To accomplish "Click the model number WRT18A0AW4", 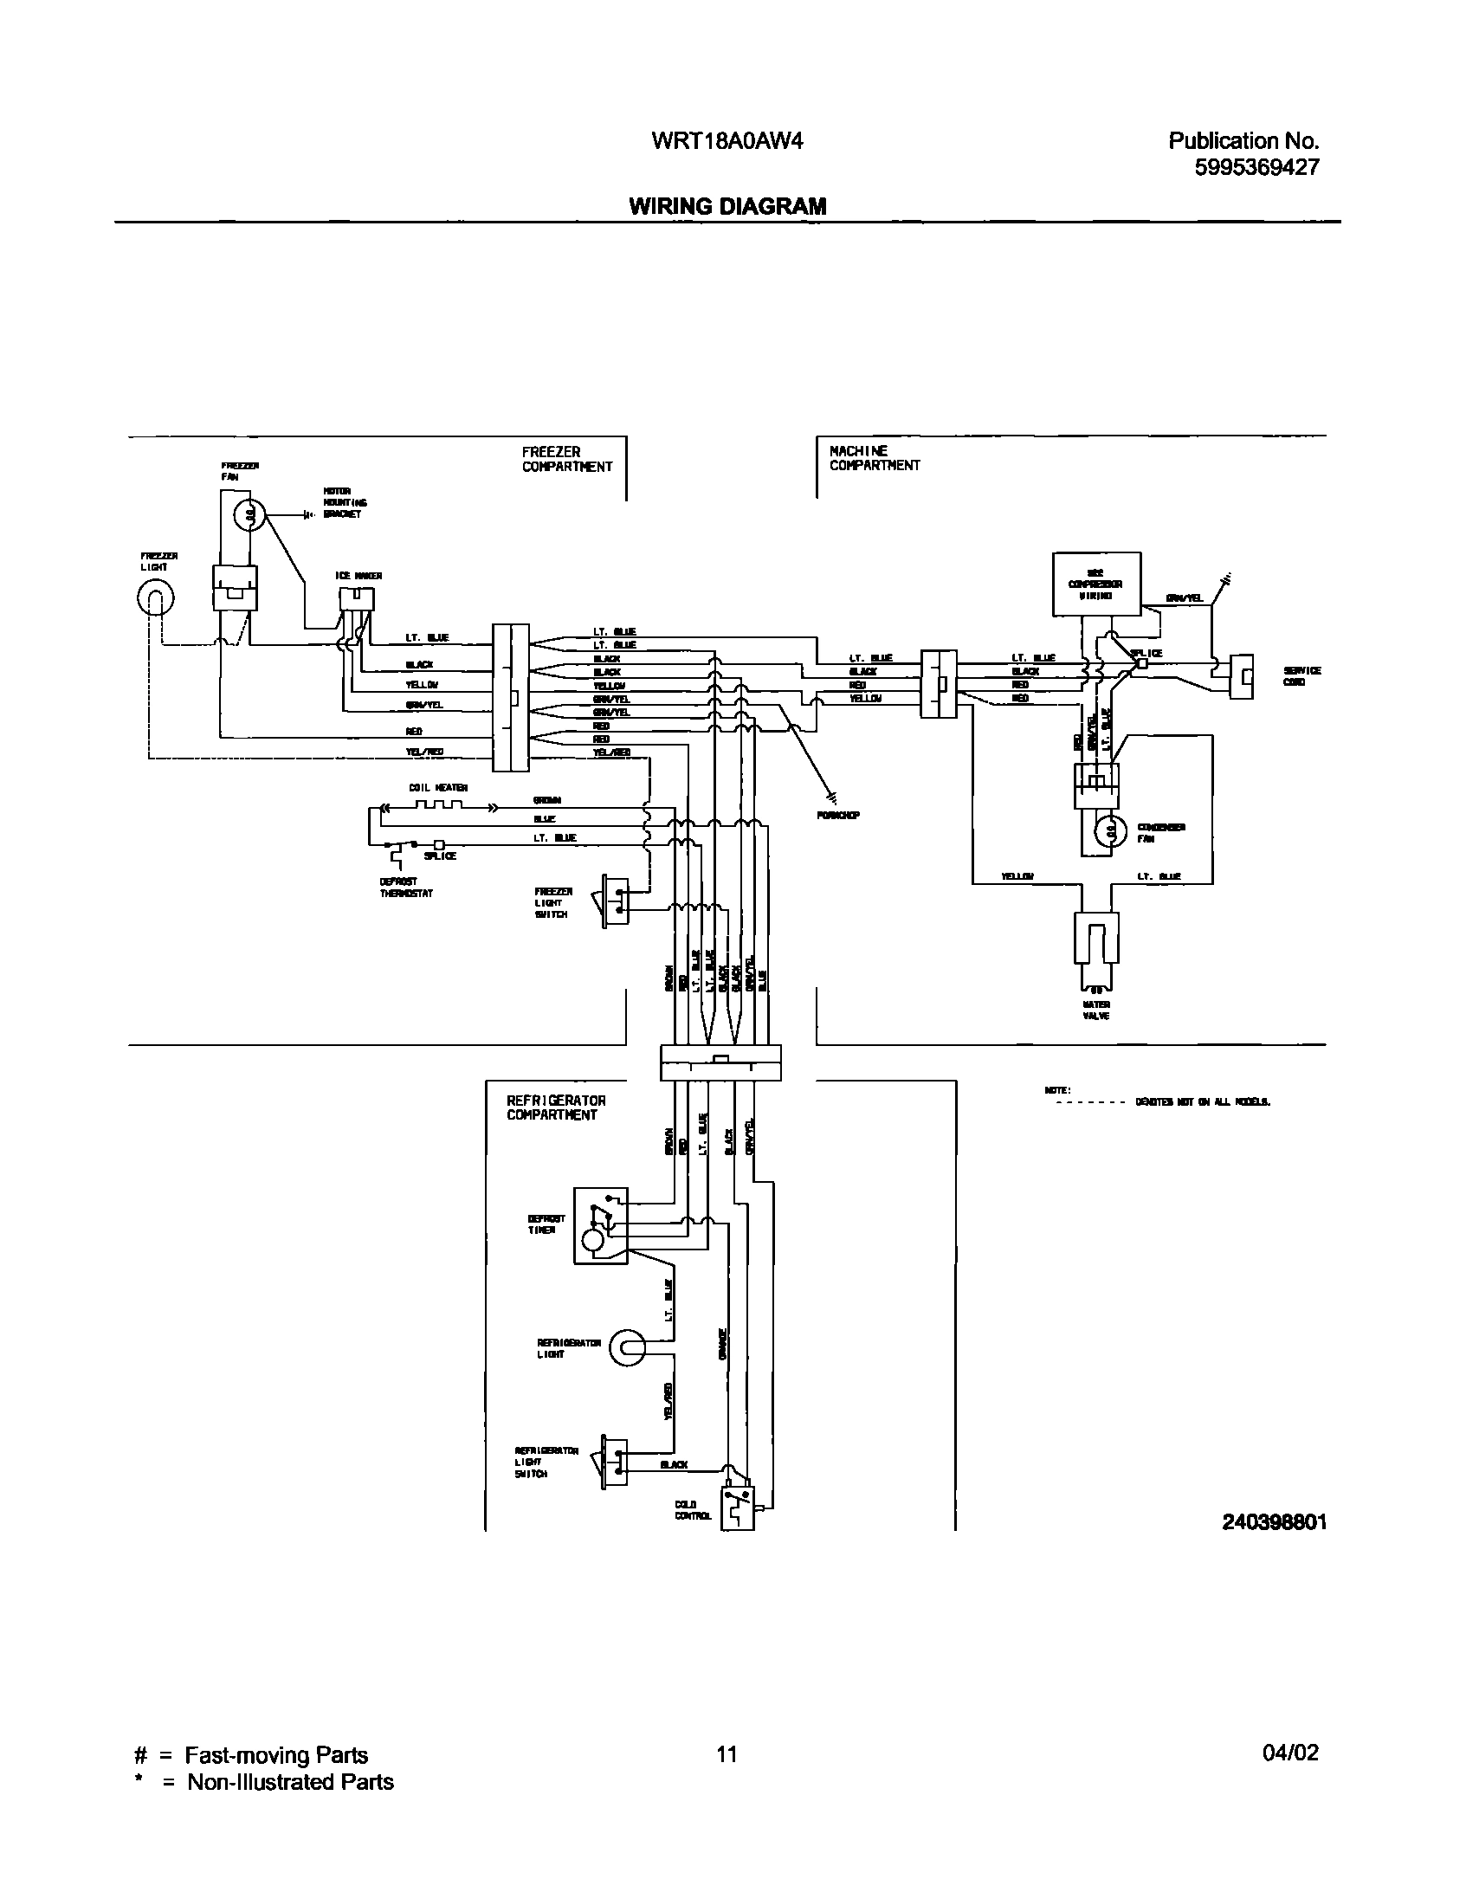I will (x=727, y=140).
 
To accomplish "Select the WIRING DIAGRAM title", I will (x=727, y=206).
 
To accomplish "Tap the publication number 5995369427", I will (x=1256, y=167).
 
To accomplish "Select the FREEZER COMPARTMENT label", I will (x=566, y=459).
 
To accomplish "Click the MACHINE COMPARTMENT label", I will (x=875, y=458).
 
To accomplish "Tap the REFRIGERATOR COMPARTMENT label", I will (x=556, y=1108).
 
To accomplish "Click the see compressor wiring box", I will (x=1096, y=584).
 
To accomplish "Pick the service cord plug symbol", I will (x=1242, y=675).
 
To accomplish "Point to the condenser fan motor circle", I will (x=1110, y=831).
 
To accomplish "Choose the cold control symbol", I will (x=738, y=1508).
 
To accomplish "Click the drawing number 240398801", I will (x=1274, y=1522).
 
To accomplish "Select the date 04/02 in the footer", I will (x=1290, y=1753).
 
